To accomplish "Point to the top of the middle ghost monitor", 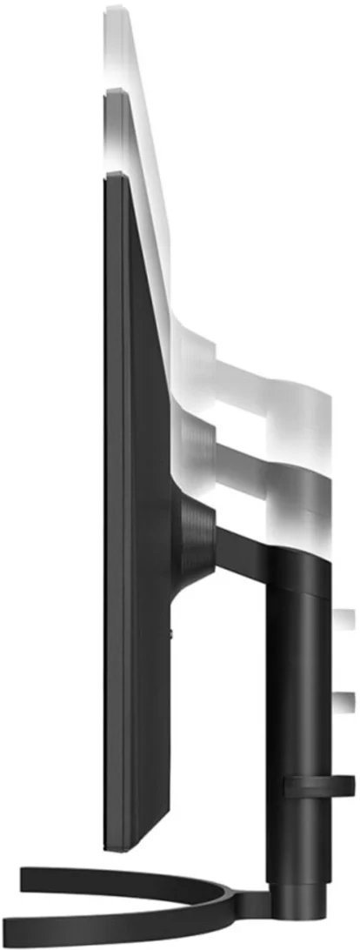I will tap(115, 91).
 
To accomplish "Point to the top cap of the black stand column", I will tap(299, 565).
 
